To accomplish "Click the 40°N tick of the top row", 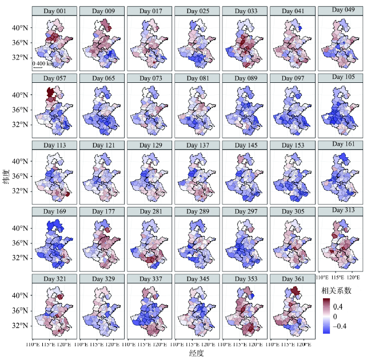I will [x=22, y=27].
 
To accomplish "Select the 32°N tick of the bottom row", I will [x=22, y=325].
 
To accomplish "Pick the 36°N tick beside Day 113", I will [x=22, y=176].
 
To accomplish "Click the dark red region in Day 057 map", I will [x=50, y=92].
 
